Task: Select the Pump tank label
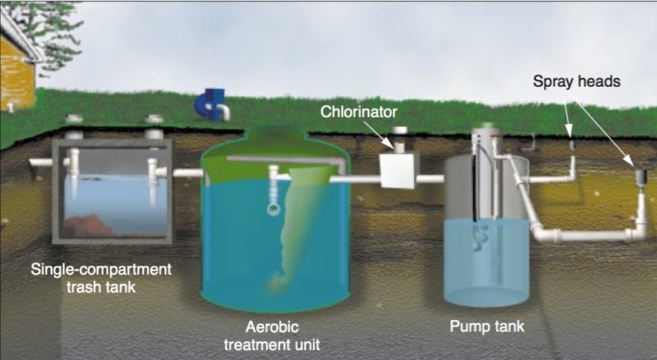click(x=486, y=326)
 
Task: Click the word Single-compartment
click(x=99, y=270)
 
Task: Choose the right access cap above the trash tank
click(x=153, y=121)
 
